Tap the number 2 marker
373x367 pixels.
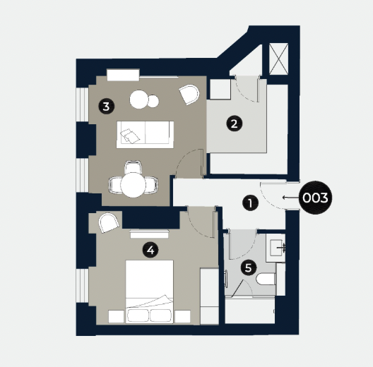click(x=234, y=124)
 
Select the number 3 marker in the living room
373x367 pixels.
click(x=105, y=107)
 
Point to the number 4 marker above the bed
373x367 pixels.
click(x=149, y=249)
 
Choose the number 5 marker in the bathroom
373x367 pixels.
click(x=247, y=267)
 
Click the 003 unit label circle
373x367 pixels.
click(x=314, y=198)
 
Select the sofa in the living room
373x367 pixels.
click(x=146, y=132)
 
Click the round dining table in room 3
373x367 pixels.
click(x=133, y=185)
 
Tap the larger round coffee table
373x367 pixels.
click(x=139, y=100)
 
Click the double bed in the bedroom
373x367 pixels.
click(x=150, y=289)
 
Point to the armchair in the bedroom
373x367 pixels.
click(x=109, y=222)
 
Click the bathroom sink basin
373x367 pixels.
click(x=277, y=248)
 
